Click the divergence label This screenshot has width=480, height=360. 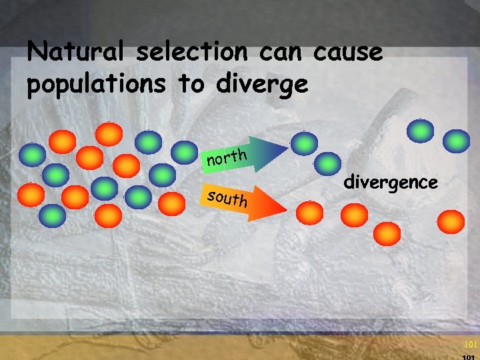[x=391, y=181]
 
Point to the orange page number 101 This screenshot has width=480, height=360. [x=471, y=345]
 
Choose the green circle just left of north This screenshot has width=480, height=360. [x=184, y=152]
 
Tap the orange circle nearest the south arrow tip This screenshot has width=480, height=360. [x=309, y=212]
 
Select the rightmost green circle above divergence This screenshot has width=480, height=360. [x=456, y=141]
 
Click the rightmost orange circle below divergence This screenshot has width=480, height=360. [x=451, y=220]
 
